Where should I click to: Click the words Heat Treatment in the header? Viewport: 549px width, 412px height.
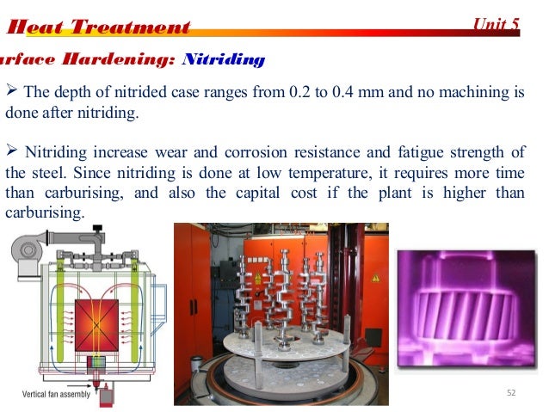(x=97, y=28)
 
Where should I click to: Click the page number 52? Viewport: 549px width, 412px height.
(x=512, y=393)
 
